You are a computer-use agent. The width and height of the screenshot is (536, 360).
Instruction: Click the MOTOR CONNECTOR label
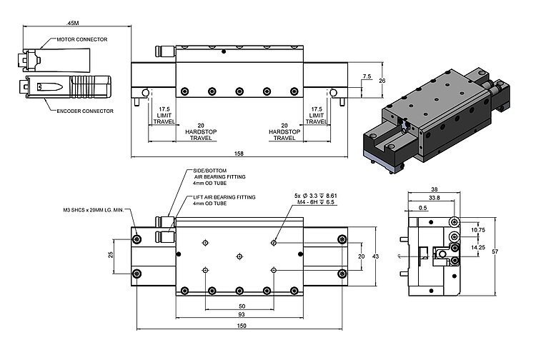pyautogui.click(x=82, y=39)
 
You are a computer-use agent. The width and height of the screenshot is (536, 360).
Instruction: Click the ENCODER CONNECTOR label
pyautogui.click(x=80, y=111)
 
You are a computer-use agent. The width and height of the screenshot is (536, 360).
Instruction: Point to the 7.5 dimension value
pyautogui.click(x=367, y=76)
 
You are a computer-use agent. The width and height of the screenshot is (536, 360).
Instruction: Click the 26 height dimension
pyautogui.click(x=382, y=81)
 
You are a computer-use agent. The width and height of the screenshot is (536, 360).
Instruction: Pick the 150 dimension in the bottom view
pyautogui.click(x=241, y=326)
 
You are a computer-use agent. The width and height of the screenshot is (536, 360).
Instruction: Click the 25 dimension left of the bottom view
pyautogui.click(x=110, y=255)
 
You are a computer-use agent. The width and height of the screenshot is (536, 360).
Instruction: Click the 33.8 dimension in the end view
pyautogui.click(x=433, y=198)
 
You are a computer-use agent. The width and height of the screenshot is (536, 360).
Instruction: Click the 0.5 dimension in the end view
pyautogui.click(x=424, y=208)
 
